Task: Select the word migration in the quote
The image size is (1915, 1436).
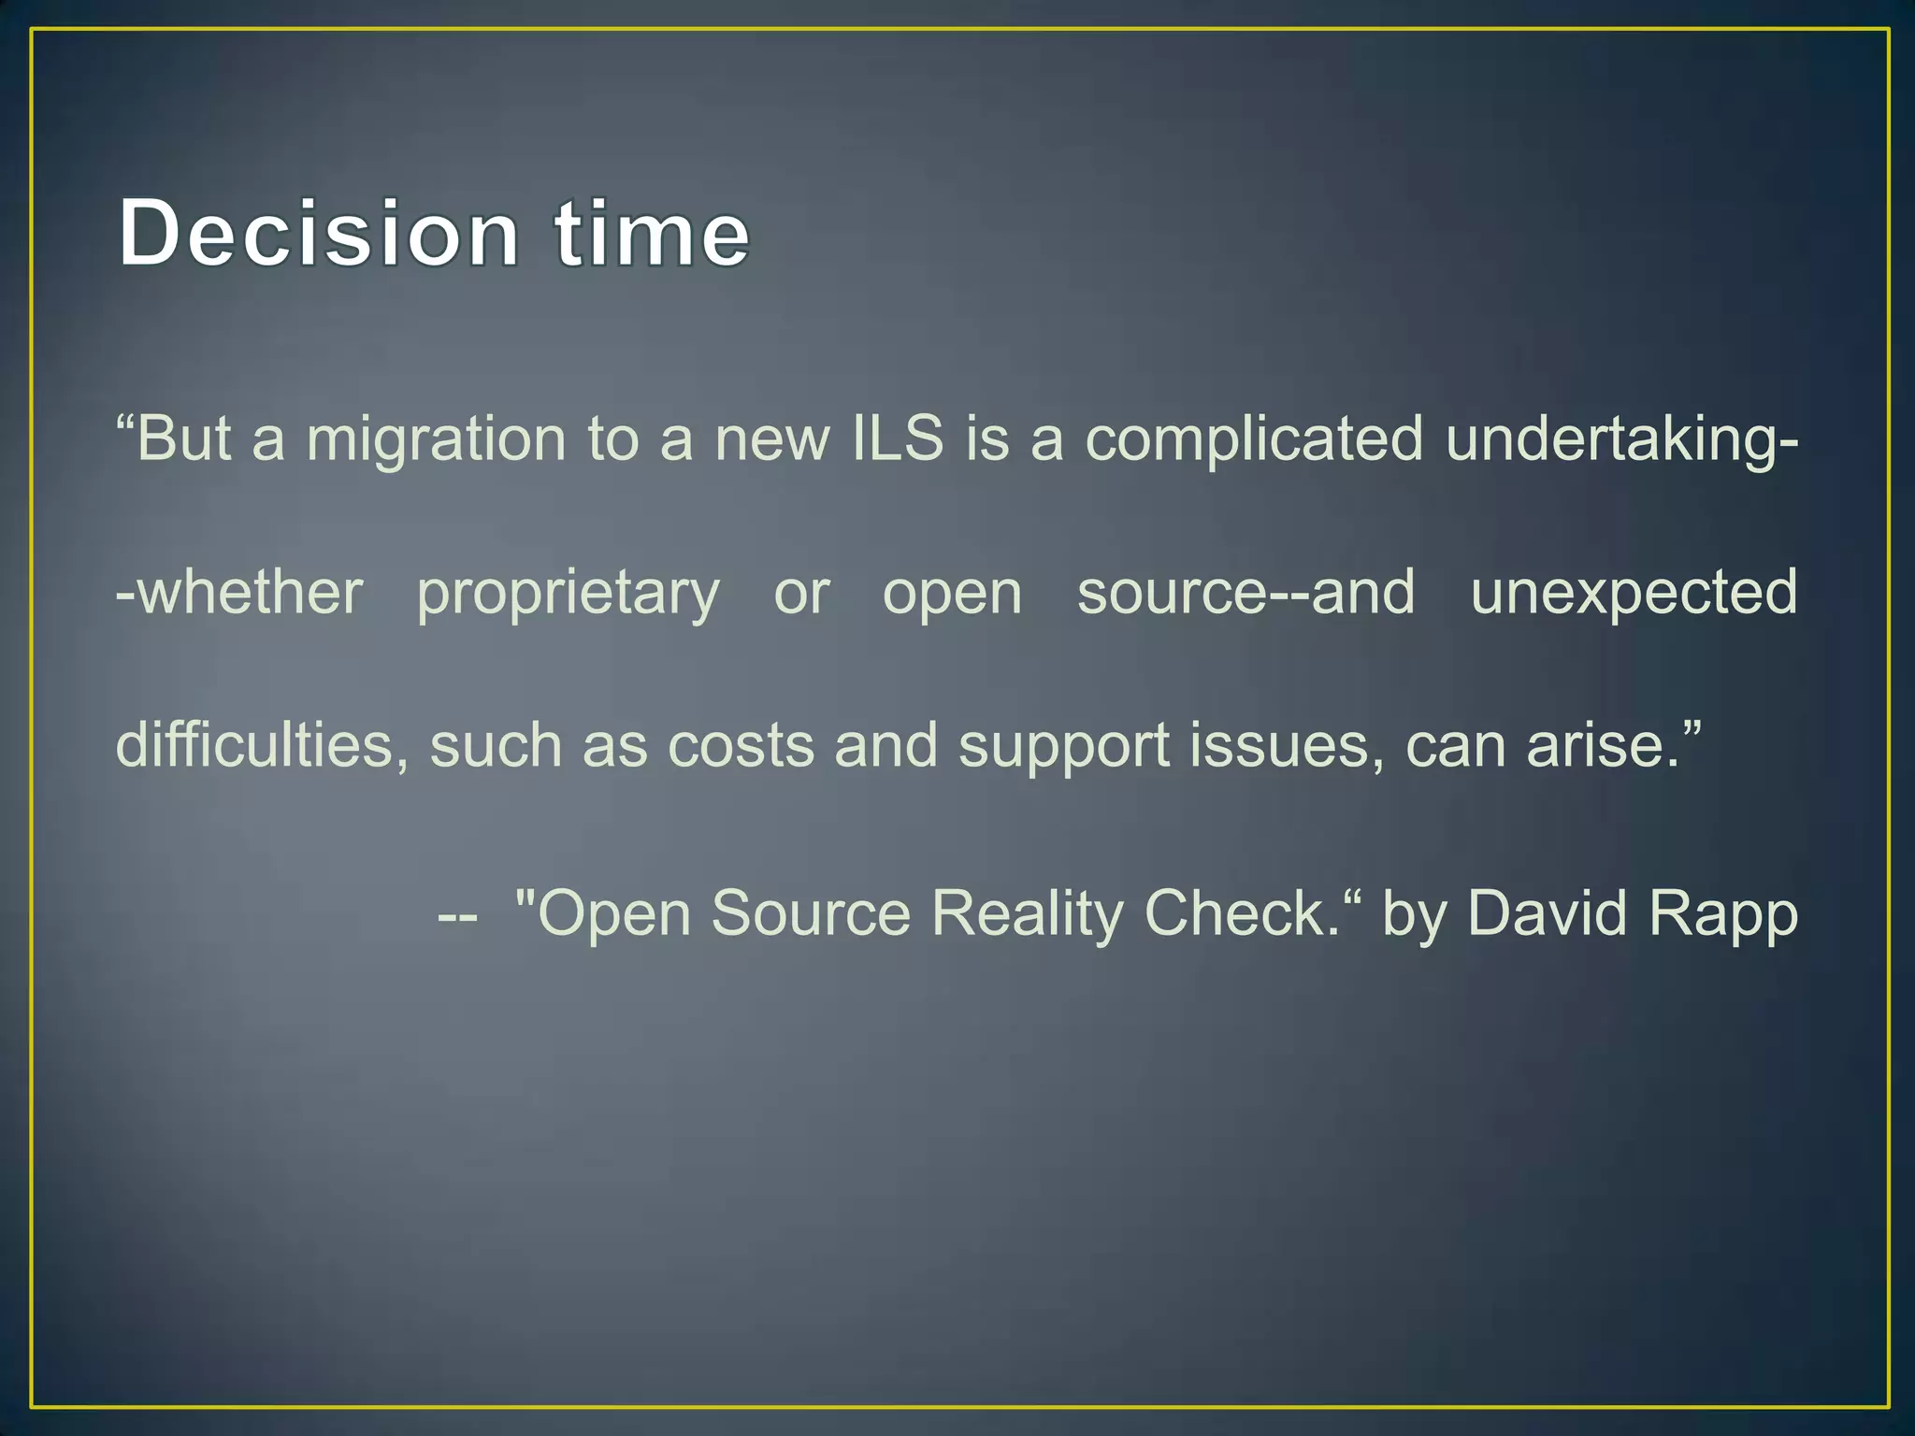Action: pyautogui.click(x=436, y=439)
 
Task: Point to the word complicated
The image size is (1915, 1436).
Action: pyautogui.click(x=1254, y=439)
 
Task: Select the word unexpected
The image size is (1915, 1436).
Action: pyautogui.click(x=1634, y=593)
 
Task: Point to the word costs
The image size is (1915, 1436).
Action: pyautogui.click(x=741, y=747)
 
